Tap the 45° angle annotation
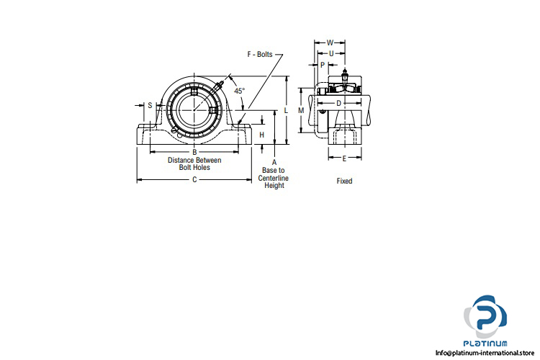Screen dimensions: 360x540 pos(239,91)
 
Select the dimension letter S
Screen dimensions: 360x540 pos(150,105)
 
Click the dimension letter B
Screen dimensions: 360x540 pos(194,152)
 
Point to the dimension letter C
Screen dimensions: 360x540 pos(194,179)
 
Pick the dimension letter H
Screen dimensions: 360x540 pos(262,135)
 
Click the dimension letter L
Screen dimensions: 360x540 pos(286,110)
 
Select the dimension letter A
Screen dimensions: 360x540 pos(274,163)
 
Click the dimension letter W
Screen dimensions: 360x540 pos(330,42)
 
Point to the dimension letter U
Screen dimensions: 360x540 pos(330,53)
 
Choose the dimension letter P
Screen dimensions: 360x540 pos(323,64)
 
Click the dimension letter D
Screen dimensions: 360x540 pos(339,103)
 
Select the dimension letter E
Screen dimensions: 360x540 pos(345,158)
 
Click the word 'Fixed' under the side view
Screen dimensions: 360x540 pos(345,181)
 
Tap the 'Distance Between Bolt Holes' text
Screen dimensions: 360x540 pos(194,163)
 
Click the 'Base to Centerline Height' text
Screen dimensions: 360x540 pos(274,178)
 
